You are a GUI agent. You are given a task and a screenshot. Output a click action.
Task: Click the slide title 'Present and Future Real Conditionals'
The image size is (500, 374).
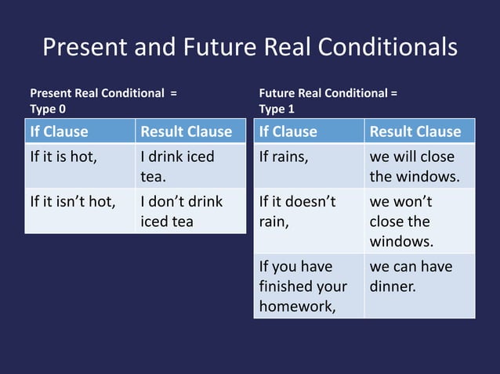[x=249, y=47]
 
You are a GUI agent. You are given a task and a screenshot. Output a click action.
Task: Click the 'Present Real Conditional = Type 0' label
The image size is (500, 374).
[x=103, y=101]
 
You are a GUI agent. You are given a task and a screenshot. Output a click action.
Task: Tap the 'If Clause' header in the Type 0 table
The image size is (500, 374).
[x=60, y=131]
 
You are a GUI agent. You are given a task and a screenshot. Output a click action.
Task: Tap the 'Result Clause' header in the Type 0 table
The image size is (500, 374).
[x=186, y=131]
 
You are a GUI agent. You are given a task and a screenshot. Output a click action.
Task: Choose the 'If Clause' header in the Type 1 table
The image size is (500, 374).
[x=288, y=131]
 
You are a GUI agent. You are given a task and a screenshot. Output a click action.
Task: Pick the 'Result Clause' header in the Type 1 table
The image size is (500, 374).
[x=415, y=131]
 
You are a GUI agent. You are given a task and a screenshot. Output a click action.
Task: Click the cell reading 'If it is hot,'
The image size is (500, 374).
[x=63, y=156]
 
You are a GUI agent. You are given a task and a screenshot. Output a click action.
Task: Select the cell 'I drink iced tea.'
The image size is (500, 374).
[x=177, y=167]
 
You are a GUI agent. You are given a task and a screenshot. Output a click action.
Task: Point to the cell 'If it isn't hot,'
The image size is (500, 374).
[x=73, y=202]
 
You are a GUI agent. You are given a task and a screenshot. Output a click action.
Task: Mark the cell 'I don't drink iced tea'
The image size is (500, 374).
[x=181, y=211]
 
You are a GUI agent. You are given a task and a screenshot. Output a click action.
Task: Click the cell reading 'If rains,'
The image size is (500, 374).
[x=284, y=156]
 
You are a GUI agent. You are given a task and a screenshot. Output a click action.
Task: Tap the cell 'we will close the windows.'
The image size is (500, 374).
[x=415, y=167]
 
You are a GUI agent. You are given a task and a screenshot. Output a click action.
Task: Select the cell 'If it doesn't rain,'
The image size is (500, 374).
[x=297, y=211]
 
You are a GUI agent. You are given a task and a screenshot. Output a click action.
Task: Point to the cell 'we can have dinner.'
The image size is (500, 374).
[x=411, y=276]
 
